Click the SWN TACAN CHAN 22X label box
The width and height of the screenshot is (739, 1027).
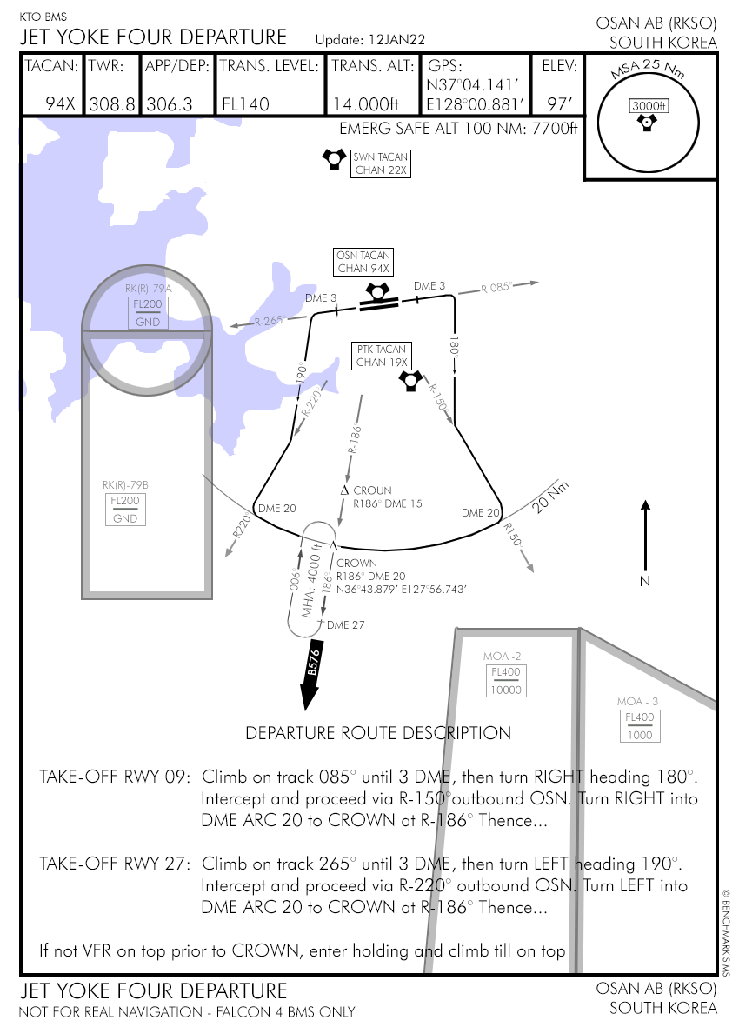[x=380, y=163]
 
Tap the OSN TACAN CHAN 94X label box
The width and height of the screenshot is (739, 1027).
[x=363, y=262]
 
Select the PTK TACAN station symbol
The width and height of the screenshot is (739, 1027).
[x=410, y=381]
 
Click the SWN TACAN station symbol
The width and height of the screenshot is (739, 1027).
[x=333, y=159]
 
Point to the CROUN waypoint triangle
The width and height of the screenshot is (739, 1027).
[x=344, y=491]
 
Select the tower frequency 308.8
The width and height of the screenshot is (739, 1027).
[x=112, y=104]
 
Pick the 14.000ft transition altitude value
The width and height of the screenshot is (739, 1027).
[x=364, y=104]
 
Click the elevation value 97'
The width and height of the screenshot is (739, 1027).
[x=559, y=104]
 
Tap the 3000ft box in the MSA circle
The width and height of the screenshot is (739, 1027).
[x=648, y=106]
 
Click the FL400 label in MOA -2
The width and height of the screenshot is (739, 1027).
[x=506, y=672]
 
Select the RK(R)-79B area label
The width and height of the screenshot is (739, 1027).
[x=124, y=485]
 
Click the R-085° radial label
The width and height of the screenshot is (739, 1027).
[x=497, y=287]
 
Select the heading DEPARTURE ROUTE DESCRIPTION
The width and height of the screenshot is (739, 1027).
[x=378, y=733]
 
